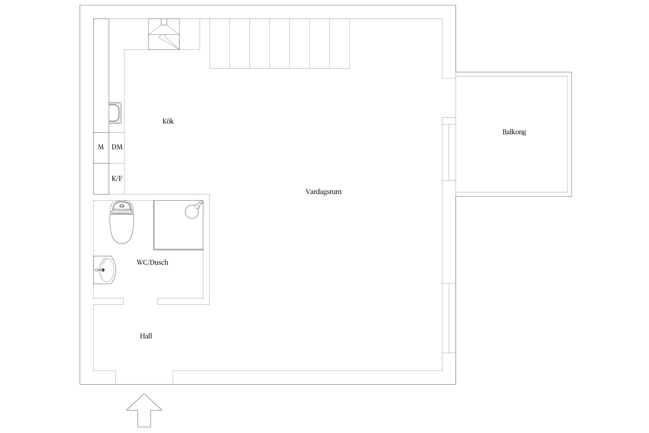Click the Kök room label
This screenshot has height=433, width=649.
tap(168, 121)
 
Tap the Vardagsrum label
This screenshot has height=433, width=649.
tap(324, 192)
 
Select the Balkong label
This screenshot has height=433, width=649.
tap(514, 132)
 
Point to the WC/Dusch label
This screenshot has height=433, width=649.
tap(152, 262)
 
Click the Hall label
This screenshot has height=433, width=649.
tap(146, 336)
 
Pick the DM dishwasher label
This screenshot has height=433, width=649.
tap(117, 147)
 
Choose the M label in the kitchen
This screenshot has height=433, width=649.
tap(101, 147)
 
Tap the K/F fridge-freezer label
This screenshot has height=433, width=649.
tap(117, 178)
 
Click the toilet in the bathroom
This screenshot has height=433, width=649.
tap(122, 222)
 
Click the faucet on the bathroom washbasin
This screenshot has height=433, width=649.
tap(100, 270)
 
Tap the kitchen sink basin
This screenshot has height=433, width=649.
tap(115, 113)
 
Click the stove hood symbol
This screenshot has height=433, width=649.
tap(164, 34)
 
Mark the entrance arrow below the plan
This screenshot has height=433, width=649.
tap(144, 410)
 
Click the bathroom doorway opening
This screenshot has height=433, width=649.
tap(140, 301)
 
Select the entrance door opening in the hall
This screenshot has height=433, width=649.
tap(144, 378)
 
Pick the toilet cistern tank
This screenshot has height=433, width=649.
tap(122, 207)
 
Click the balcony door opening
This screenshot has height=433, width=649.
tap(449, 98)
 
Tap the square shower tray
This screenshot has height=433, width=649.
tap(178, 225)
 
